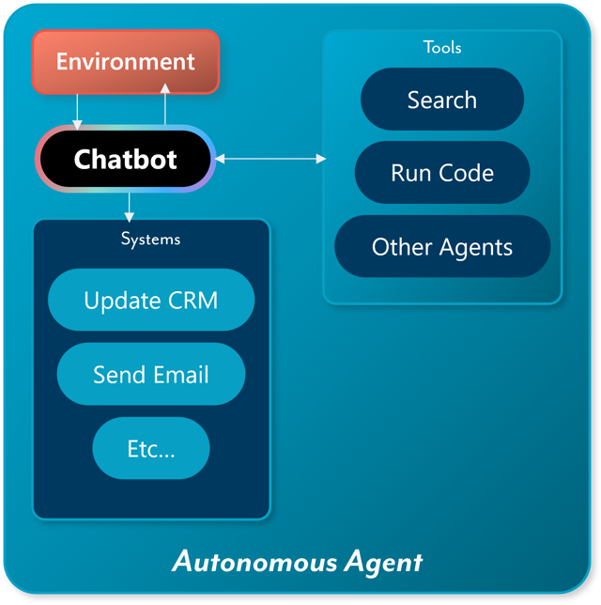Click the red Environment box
125,62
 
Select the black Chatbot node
125,159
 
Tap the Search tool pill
441,100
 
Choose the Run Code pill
441,173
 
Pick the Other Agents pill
441,247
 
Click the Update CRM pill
150,301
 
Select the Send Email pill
150,375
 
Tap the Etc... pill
150,448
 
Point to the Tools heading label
442,47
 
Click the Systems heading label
150,239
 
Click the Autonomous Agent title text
298,562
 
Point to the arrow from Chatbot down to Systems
130,204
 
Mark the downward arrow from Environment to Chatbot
78,111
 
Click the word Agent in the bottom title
382,563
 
